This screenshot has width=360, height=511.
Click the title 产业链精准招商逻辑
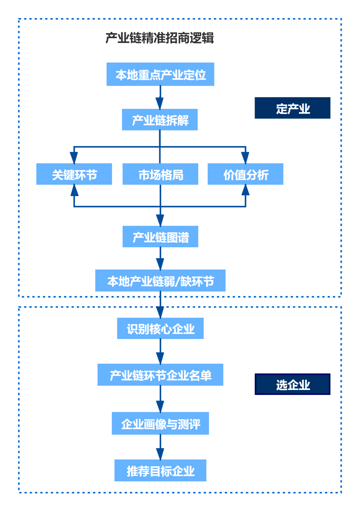160,38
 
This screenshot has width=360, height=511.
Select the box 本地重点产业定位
160,74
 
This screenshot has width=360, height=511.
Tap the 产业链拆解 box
160,120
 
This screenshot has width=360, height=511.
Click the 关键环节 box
74,174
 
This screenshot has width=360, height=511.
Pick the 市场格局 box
160,174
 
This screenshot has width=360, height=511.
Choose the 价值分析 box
245,174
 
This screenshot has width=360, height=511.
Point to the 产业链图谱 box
160,237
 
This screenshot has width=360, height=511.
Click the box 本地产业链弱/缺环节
160,281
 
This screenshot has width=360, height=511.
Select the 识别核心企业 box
160,328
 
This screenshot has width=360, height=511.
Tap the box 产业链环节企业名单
160,375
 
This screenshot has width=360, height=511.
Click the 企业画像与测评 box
160,423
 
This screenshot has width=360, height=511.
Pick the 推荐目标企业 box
160,470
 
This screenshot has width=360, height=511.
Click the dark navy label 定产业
292,108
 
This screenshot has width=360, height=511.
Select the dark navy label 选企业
292,384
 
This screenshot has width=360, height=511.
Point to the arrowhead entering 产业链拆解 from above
160,104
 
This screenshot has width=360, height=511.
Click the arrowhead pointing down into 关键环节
74,158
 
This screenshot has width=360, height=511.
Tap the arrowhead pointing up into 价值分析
245,190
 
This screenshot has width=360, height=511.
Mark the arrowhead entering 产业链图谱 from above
160,221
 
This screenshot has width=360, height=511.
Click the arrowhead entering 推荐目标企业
160,454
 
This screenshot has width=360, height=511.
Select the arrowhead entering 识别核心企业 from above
160,313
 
